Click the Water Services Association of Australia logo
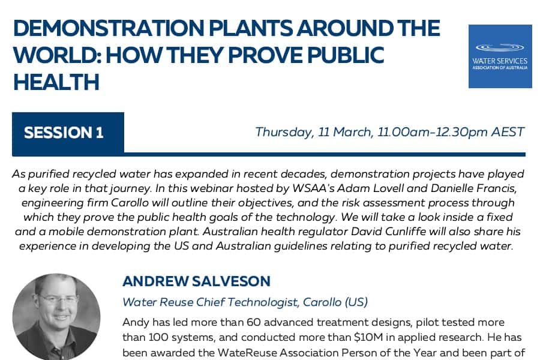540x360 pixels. pos(500,56)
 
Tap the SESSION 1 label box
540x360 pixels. pos(68,133)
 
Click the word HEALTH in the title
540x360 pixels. pos(56,82)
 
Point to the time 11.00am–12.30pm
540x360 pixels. pos(433,132)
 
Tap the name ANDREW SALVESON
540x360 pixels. pos(196,281)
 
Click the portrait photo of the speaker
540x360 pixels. pos(56,317)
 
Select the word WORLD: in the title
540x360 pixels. pos(56,55)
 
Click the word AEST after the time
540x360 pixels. pos(508,132)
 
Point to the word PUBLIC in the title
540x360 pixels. pos(346,55)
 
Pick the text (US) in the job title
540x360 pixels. pos(356,302)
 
